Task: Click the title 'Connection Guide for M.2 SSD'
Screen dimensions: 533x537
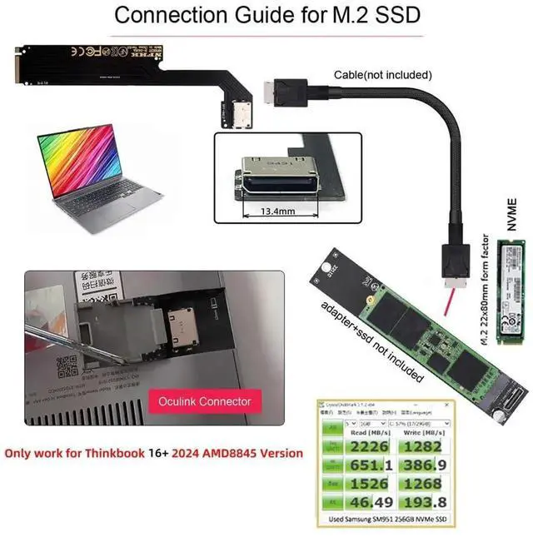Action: tap(266, 15)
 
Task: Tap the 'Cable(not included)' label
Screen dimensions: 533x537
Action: tap(383, 74)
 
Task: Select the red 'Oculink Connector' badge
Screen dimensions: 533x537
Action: tap(204, 401)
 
